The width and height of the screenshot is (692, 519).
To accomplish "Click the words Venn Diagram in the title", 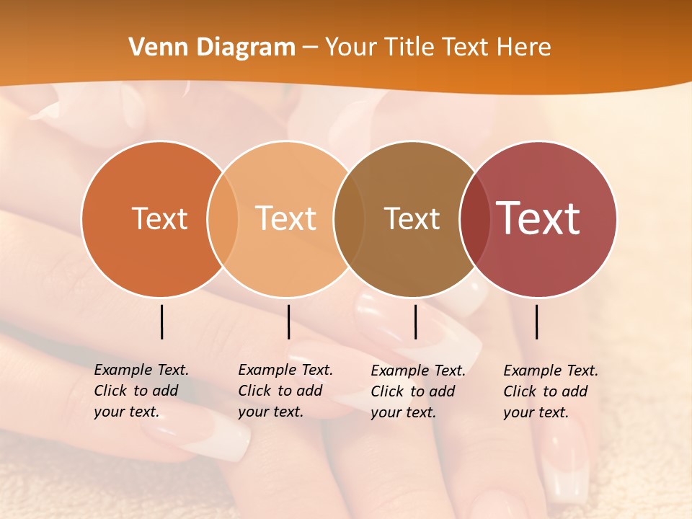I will tap(212, 48).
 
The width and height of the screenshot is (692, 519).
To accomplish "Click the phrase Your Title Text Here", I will tap(438, 48).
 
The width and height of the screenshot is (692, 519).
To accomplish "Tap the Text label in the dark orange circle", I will tap(159, 218).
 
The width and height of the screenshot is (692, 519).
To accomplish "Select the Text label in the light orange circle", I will tap(286, 218).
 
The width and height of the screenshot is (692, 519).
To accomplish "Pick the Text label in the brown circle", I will tap(412, 218).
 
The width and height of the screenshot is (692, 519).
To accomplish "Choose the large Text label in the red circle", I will tap(538, 218).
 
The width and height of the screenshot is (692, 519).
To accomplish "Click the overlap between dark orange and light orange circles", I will tap(223, 218).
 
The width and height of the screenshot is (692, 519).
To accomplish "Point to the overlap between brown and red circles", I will tap(474, 218).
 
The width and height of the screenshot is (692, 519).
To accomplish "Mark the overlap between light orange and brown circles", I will tap(350, 218).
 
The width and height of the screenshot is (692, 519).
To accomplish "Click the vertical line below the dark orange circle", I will tap(162, 321).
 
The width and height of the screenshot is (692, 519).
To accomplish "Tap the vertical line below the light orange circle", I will tap(288, 321).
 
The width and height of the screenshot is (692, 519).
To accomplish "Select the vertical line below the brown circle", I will tap(415, 321).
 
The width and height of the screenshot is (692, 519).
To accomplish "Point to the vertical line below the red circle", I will tap(537, 321).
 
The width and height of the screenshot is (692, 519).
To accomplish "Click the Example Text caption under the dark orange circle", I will tap(141, 391).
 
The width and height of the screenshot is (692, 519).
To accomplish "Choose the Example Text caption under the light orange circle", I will tap(285, 391).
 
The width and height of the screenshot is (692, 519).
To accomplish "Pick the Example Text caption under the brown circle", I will tap(417, 391).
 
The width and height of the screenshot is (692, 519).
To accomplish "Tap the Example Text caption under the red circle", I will tap(550, 391).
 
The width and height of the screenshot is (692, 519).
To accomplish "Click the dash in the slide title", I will tap(310, 48).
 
